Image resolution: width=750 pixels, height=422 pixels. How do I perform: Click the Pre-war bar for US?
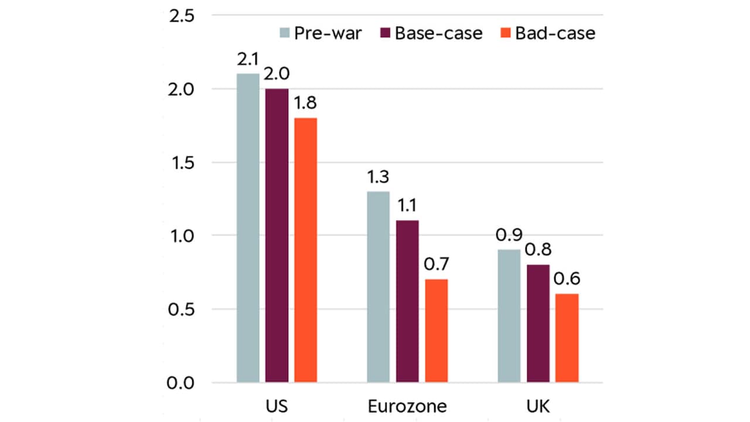pos(248,228)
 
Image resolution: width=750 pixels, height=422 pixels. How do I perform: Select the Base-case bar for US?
pos(277,236)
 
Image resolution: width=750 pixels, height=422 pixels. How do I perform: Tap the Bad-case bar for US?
pos(306,250)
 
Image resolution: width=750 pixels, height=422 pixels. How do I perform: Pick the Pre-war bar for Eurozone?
pos(379,287)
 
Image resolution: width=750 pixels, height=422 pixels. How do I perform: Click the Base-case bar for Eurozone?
pos(407,302)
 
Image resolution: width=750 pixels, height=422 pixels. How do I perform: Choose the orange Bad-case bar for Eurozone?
pos(437,331)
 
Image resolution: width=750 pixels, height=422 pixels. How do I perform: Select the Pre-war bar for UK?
pos(509,316)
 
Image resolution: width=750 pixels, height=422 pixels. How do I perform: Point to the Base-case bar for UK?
pos(538,324)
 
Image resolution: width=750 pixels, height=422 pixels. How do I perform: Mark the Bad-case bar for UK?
pos(567,338)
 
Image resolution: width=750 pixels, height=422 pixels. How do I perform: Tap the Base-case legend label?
pos(438,33)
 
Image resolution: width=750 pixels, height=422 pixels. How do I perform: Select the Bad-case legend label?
pos(555,33)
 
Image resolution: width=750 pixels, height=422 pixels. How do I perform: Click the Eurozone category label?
pos(407,407)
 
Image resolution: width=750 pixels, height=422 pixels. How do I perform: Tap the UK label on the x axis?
pos(538,407)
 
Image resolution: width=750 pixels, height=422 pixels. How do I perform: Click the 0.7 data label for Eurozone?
pos(437,266)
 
